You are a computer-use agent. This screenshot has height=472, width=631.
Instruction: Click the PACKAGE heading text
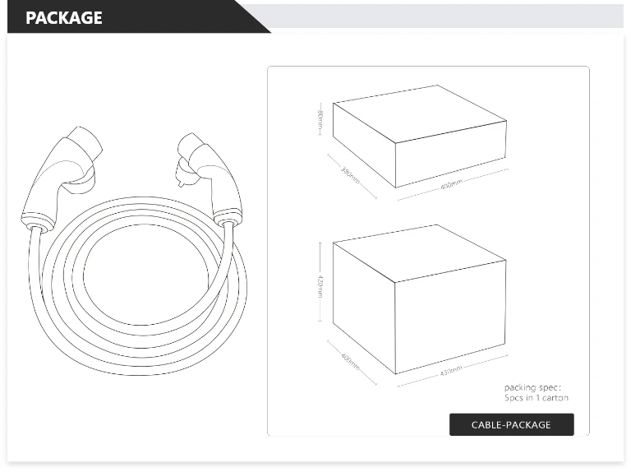(x=64, y=17)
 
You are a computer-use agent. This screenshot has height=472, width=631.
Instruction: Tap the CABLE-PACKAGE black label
(x=511, y=424)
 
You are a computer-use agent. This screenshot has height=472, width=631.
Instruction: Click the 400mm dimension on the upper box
(x=451, y=184)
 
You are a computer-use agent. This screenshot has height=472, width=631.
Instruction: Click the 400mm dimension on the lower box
(x=351, y=363)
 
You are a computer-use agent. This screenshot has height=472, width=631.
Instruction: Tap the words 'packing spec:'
(x=532, y=387)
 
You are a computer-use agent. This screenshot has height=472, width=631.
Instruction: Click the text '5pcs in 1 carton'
(x=536, y=398)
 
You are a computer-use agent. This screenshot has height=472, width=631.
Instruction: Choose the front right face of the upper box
(x=450, y=154)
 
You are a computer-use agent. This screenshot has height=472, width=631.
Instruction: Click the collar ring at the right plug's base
(x=228, y=220)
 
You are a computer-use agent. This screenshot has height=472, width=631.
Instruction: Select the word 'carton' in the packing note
(x=555, y=398)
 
